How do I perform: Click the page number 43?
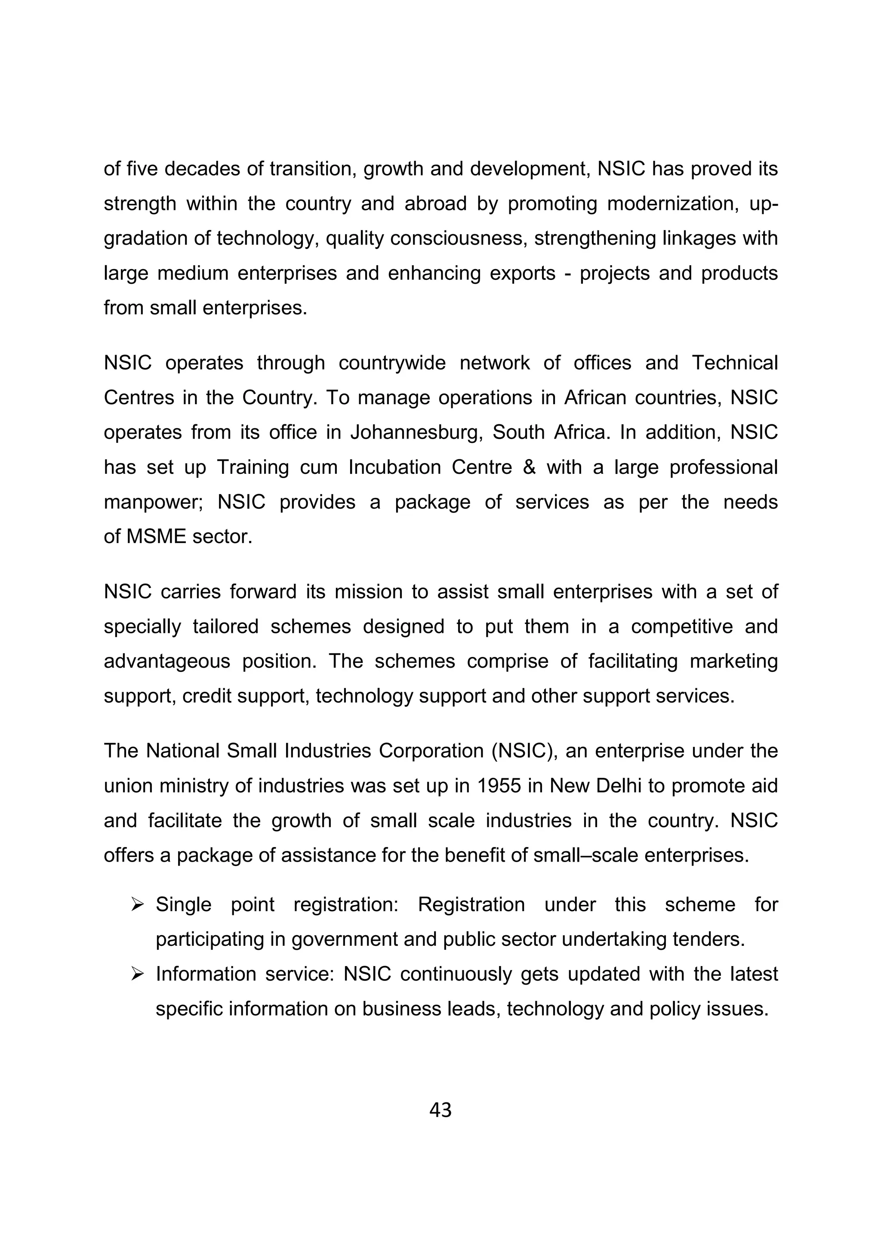point(440,1110)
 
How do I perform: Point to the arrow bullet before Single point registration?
point(137,905)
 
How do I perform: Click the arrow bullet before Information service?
point(137,974)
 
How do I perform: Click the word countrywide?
point(392,362)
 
